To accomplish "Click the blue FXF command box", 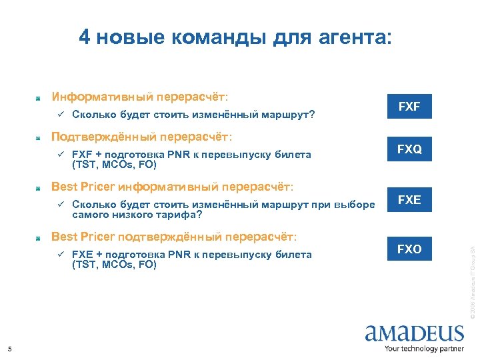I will click(x=409, y=107).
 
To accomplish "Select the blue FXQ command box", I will click(x=409, y=150).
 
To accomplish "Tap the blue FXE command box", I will click(x=409, y=200).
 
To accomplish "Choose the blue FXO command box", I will click(x=409, y=249).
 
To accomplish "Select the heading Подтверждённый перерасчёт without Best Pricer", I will click(x=142, y=137).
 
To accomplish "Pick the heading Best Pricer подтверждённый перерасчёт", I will click(x=174, y=236).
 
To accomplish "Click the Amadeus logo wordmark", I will click(x=414, y=333).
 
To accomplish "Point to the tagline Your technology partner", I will click(x=424, y=349).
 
